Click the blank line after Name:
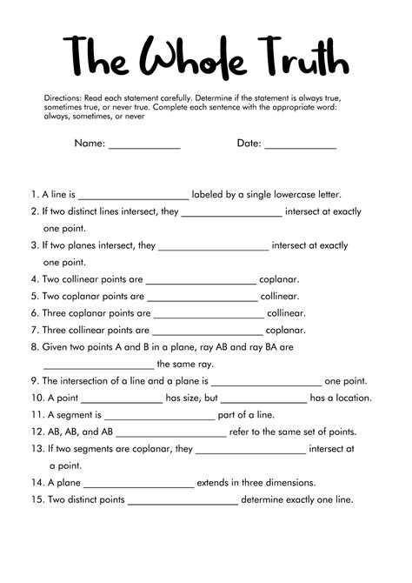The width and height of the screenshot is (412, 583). (144, 145)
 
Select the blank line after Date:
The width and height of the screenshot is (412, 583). (300, 145)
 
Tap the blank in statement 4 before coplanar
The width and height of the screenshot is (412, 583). (202, 280)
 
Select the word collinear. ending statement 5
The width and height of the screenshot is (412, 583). (286, 297)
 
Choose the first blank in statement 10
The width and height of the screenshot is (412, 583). (128, 399)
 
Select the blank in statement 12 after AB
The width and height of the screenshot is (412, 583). (171, 432)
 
